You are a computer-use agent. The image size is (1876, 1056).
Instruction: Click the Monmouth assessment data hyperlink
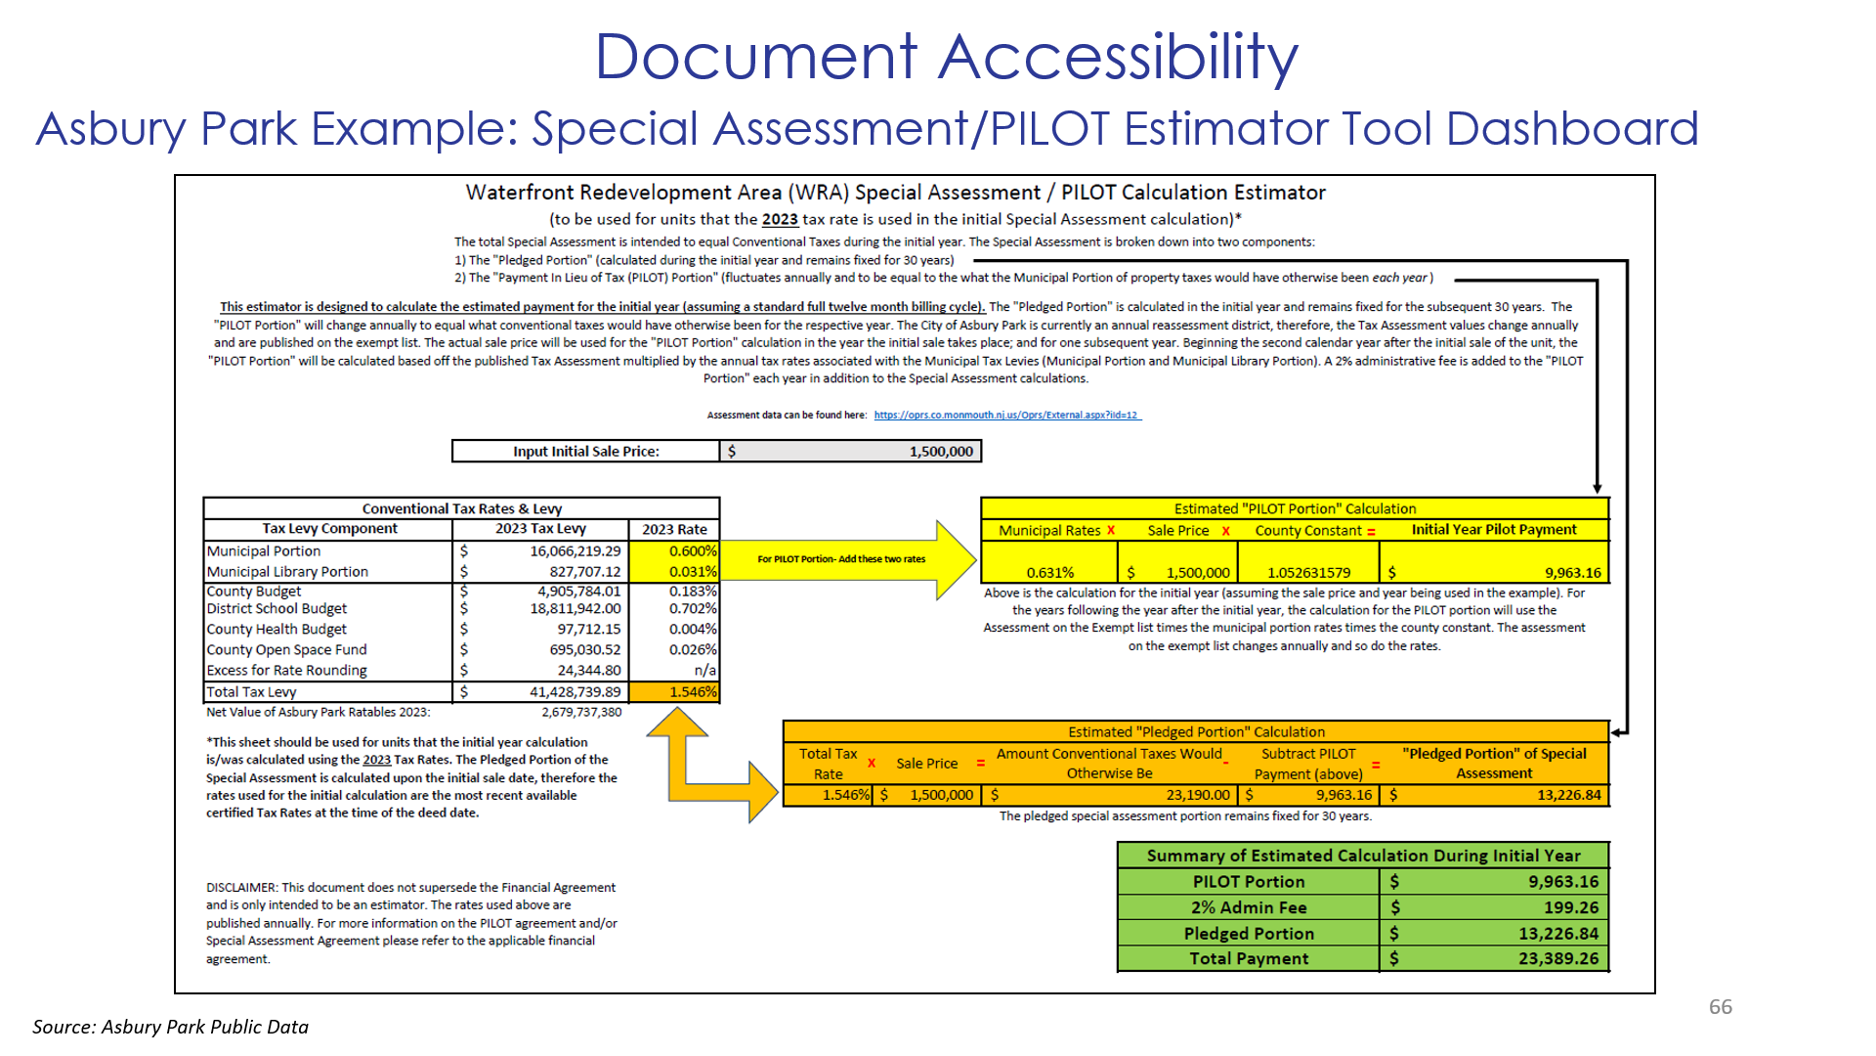point(1006,416)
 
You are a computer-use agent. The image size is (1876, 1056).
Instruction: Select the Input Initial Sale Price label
point(585,452)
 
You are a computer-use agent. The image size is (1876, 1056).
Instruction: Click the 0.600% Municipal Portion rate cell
point(692,551)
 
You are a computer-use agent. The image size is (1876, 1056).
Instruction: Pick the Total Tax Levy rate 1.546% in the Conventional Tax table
point(692,692)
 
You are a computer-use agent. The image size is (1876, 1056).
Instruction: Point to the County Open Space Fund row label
point(286,650)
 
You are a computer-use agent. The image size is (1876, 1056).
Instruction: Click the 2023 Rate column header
point(674,529)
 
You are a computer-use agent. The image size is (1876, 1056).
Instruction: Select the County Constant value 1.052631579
point(1308,573)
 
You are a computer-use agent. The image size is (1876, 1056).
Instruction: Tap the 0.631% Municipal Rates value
point(1049,573)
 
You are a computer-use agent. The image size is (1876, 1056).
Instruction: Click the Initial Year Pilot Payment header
point(1493,530)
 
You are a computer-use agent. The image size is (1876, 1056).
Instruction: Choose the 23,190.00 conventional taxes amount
point(1197,796)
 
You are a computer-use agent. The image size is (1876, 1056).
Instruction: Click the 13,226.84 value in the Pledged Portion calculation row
point(1568,796)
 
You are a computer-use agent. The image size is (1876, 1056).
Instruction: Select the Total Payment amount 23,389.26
point(1557,959)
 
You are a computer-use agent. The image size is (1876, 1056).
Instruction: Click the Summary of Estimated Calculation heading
point(1362,856)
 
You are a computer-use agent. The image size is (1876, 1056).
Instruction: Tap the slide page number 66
point(1720,1007)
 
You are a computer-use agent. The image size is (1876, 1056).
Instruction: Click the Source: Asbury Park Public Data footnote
point(170,1027)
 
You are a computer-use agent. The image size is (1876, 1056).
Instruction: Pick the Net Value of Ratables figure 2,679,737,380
point(581,713)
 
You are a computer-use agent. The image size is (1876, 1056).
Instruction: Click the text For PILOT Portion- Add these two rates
point(840,559)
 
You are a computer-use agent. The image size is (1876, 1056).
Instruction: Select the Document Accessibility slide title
point(946,57)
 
